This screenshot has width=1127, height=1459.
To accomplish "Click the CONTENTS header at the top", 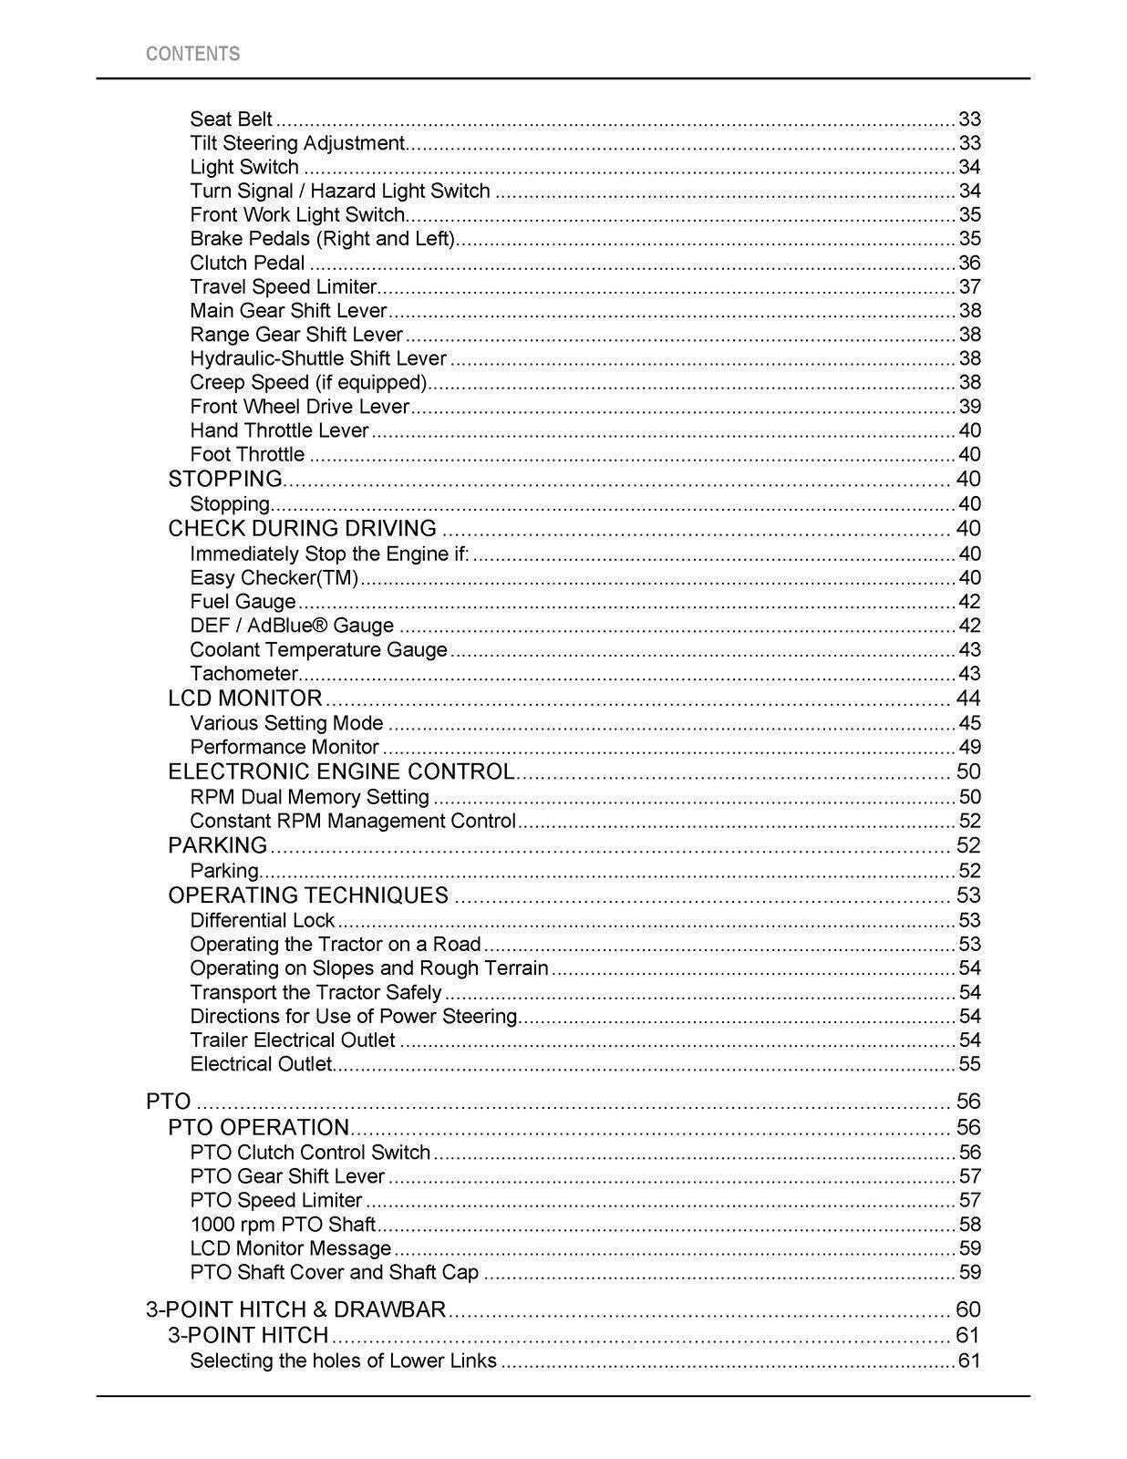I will pos(192,54).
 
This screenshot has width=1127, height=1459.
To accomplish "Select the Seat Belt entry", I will pos(231,119).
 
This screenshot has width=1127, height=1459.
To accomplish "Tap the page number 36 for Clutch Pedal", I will pos(969,263).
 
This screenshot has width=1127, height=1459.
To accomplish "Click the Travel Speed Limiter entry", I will pos(283,286).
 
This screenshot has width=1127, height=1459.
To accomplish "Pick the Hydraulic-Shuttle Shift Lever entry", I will pos(318,358).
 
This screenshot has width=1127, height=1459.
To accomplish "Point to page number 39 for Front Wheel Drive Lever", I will pos(969,407).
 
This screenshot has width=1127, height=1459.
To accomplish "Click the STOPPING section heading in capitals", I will pos(225,479).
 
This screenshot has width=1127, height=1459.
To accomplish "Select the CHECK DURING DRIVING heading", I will pos(302,529).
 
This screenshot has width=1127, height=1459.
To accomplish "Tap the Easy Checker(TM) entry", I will pos(274,578).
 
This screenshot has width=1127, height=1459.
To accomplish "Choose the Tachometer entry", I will pos(243,674).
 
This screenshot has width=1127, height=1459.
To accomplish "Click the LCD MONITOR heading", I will pos(244,698).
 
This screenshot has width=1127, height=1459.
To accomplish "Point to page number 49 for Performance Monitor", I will pos(969,748).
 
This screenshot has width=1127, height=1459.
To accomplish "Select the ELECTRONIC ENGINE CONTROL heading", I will pos(341,771).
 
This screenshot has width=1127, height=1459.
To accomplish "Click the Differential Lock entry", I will pos(263,921).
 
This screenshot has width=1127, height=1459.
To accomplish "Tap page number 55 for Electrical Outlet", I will pos(969,1064).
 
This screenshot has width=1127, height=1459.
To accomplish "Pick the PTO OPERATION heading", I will pos(258,1128).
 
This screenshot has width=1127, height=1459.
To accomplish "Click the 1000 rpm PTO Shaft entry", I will pos(283,1225).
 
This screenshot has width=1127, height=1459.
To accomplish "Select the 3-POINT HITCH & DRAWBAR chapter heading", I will pos(295,1310).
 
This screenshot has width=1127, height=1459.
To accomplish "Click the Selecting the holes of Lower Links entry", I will pos(343,1361).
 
